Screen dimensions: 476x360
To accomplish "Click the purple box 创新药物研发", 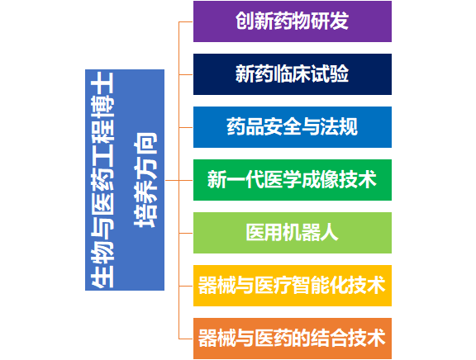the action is pos(293,21).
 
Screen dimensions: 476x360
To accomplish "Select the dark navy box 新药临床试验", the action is pos(293,74).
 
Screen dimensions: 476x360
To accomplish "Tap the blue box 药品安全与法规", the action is pos(293,127).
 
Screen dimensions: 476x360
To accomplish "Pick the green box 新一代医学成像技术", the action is pos(293,180).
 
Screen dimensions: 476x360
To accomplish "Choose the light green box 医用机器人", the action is pos(293,233).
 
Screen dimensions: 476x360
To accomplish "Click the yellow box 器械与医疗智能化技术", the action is pos(293,286).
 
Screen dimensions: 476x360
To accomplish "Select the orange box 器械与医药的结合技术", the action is pos(293,339).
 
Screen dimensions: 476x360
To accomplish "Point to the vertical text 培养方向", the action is pos(145,180).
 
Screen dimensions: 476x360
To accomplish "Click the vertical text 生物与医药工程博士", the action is pos(102,180).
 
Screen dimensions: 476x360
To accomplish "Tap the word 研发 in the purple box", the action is pos(330,21).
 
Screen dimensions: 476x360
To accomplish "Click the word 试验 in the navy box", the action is pos(330,74).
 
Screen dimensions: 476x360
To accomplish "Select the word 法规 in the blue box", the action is pos(339,127).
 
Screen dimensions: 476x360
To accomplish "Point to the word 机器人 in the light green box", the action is pos(311,233).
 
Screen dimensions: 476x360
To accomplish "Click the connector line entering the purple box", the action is pos(186,21).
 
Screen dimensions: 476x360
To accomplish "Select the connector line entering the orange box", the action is pos(186,339).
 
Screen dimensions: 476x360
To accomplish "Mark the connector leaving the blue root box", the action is pos(172,181).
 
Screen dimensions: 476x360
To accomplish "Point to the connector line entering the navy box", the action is pos(186,74).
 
